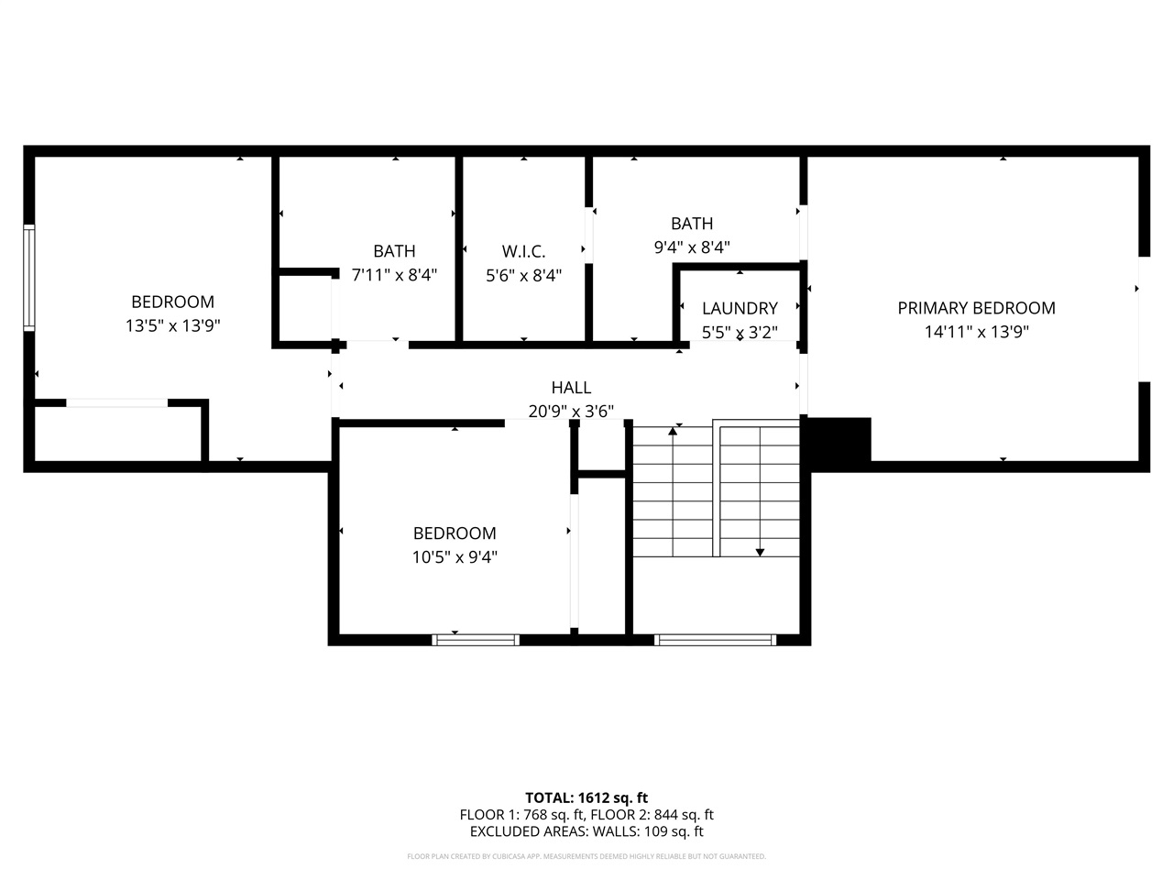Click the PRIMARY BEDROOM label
[x=976, y=308]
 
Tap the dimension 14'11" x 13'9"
[x=976, y=332]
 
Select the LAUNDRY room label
[x=740, y=308]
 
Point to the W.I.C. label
[x=523, y=251]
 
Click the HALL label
[x=571, y=388]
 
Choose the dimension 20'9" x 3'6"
[x=571, y=412]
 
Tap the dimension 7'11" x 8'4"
[x=394, y=275]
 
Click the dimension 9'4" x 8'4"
[x=692, y=247]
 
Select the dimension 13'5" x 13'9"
[x=172, y=325]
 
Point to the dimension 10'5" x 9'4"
[x=455, y=556]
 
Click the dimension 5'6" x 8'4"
[x=523, y=275]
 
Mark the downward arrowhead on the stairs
[x=760, y=552]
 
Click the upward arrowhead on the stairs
[x=674, y=430]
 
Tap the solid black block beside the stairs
[x=839, y=440]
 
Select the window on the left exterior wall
[x=29, y=278]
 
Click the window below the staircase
[x=716, y=640]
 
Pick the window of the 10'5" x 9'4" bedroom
[x=476, y=640]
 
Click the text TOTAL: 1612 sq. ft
[x=586, y=797]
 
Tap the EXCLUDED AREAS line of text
[x=586, y=832]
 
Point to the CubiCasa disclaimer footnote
[x=586, y=856]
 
